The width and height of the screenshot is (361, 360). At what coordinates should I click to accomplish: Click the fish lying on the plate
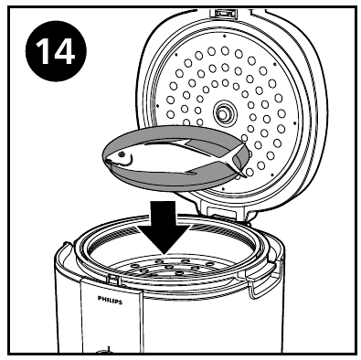point(169,157)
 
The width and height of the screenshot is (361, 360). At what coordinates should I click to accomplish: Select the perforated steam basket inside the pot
point(169,270)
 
